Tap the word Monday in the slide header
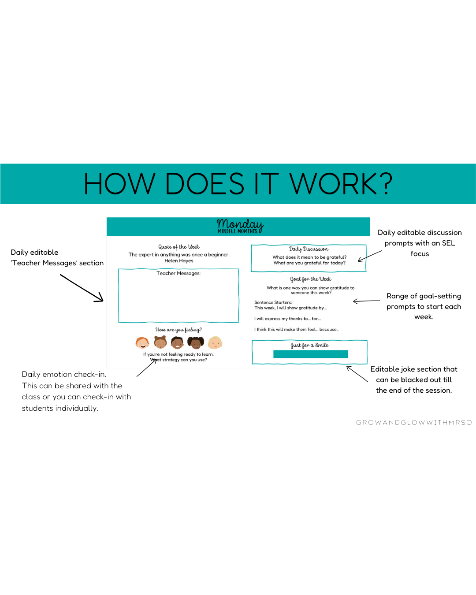click(x=240, y=224)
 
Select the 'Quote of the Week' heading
click(x=179, y=247)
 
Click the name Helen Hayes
click(x=179, y=261)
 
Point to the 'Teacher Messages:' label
click(x=178, y=273)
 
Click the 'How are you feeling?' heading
click(x=178, y=330)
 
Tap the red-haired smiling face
click(x=142, y=342)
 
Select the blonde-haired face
click(x=215, y=342)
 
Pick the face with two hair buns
click(x=160, y=342)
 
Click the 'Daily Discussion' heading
click(x=309, y=249)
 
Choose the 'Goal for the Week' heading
click(x=310, y=279)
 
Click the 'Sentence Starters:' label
click(x=273, y=302)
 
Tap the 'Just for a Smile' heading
click(x=309, y=345)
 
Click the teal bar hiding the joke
click(x=310, y=354)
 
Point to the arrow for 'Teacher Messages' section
click(x=82, y=288)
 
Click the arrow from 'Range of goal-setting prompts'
click(x=366, y=301)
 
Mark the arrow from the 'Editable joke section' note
click(x=357, y=374)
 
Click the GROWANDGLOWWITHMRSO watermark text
click(x=414, y=423)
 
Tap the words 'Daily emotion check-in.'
click(x=64, y=374)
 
